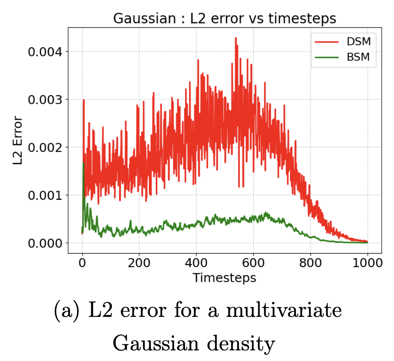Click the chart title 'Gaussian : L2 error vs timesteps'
tap(225, 19)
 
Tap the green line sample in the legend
tap(327, 58)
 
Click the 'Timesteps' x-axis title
tap(224, 278)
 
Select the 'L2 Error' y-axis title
tap(18, 141)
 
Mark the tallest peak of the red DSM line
tap(236, 38)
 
